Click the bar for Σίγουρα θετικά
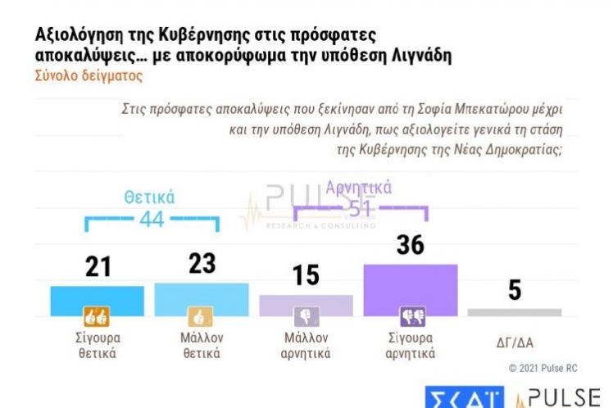pyautogui.click(x=97, y=300)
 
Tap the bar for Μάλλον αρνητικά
pyautogui.click(x=306, y=305)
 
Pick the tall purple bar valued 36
pyautogui.click(x=410, y=289)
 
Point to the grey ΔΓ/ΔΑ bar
pyautogui.click(x=515, y=312)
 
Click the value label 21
pyautogui.click(x=98, y=267)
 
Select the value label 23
pyautogui.click(x=202, y=264)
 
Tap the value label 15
pyautogui.click(x=306, y=276)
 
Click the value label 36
pyautogui.click(x=410, y=245)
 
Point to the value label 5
pyautogui.click(x=515, y=291)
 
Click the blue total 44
pyautogui.click(x=152, y=220)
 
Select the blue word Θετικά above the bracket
pyautogui.click(x=150, y=197)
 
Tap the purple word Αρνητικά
pyautogui.click(x=359, y=188)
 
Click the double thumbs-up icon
pyautogui.click(x=97, y=316)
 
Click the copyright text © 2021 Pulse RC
pyautogui.click(x=543, y=369)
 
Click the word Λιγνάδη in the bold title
pyautogui.click(x=419, y=56)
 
